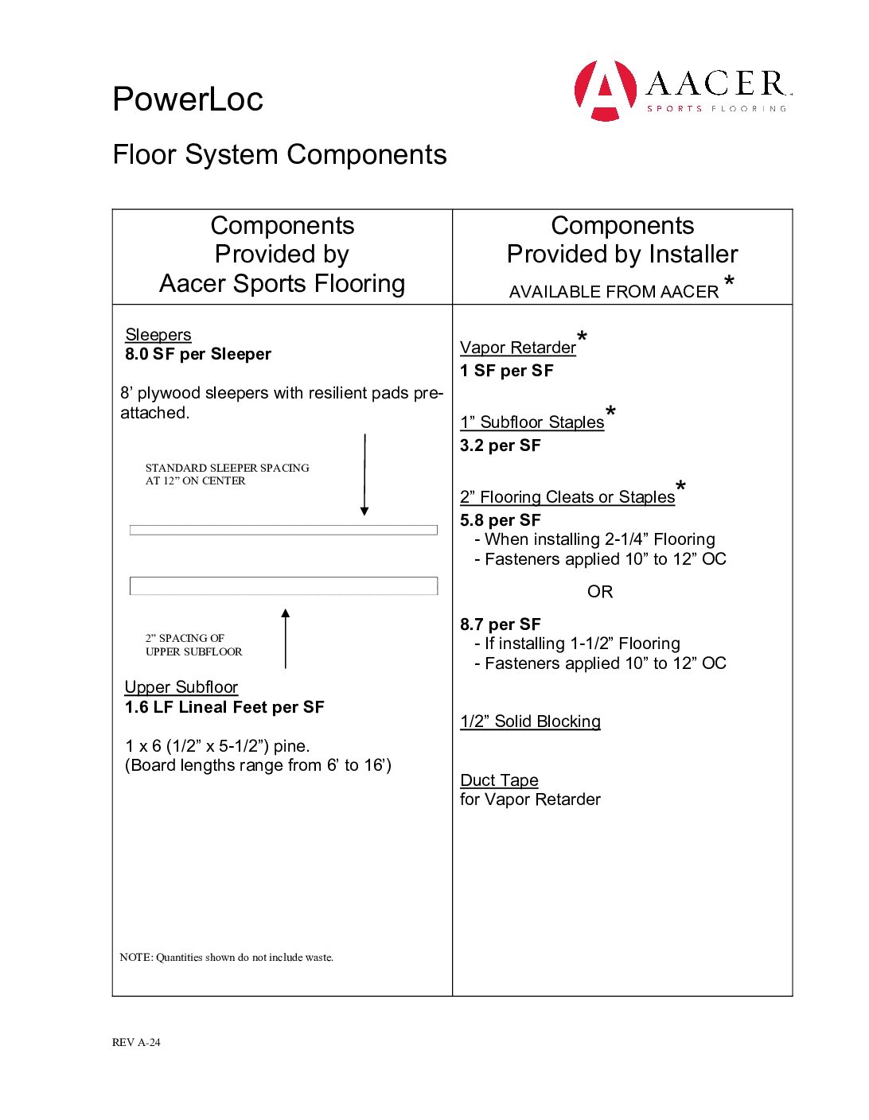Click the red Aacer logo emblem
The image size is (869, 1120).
coord(606,90)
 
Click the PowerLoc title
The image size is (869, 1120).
coord(188,99)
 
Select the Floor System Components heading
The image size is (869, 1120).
coord(279,154)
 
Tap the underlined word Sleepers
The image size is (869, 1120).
coord(158,335)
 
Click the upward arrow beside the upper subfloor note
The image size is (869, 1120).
coord(286,638)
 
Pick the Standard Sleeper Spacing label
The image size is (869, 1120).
coord(227,474)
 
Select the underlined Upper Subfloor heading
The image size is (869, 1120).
coord(181,687)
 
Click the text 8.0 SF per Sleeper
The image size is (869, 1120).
coord(198,355)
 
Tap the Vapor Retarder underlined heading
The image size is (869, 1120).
coord(518,348)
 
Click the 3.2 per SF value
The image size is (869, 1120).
coord(501,445)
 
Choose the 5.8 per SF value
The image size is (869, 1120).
coord(501,520)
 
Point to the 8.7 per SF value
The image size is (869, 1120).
coord(501,624)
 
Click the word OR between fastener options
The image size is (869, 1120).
coord(600,592)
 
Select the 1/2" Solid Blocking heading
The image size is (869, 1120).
coord(530,721)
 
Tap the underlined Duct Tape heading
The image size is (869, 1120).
coord(499,780)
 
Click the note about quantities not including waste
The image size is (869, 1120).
coord(227,958)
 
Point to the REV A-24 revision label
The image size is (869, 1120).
coord(136,1043)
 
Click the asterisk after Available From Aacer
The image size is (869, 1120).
coord(729,282)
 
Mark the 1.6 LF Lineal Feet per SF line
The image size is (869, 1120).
coord(224,707)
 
